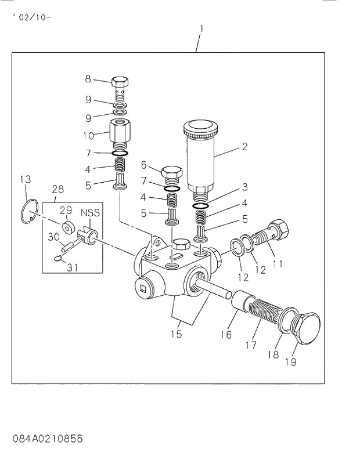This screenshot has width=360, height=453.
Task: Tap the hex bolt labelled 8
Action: [x=120, y=85]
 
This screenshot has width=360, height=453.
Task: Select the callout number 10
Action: [x=89, y=136]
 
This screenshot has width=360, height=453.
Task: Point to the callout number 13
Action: [x=24, y=180]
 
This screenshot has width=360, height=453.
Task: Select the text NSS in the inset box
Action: [x=90, y=212]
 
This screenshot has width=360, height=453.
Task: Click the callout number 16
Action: [x=225, y=334]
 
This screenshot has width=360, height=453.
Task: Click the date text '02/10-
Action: [x=31, y=17]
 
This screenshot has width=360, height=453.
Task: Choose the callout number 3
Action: [x=245, y=187]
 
